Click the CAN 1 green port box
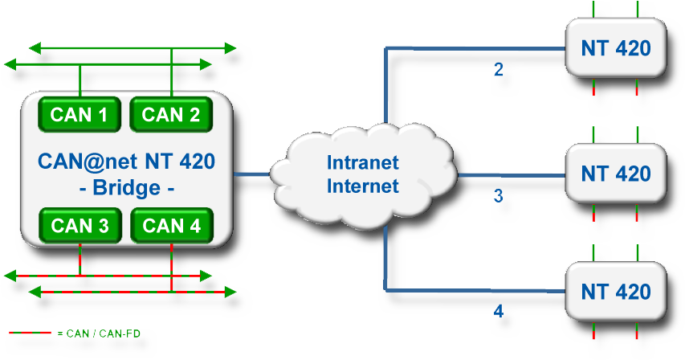80,114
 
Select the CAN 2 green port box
171,114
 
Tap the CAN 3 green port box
80,226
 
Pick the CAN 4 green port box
172,226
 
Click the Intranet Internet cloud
364,174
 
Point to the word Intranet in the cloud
363,162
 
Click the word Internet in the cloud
363,186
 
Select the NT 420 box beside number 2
616,47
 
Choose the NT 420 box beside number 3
616,174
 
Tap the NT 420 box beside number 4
616,292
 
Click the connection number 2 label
499,69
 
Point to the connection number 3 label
499,196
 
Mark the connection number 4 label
499,311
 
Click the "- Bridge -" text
127,188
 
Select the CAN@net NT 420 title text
126,162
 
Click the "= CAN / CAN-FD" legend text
99,333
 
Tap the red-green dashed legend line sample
31,333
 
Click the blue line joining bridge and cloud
252,174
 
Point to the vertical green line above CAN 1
80,81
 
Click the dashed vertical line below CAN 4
171,267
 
